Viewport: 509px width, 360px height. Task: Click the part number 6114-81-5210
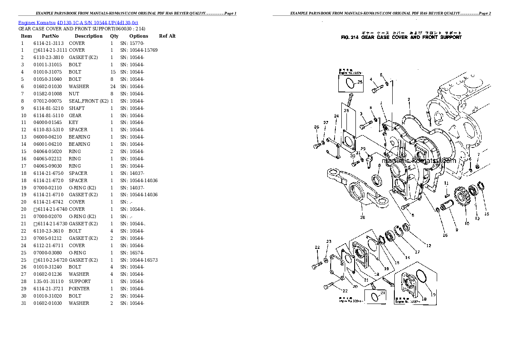tap(48, 108)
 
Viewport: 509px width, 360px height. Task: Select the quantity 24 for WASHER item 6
tap(113, 86)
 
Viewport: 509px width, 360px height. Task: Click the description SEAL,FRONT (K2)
tap(89, 101)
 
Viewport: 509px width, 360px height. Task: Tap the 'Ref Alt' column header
tap(167, 36)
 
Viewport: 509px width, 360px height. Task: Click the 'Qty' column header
tap(114, 36)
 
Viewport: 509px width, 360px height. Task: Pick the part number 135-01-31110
tap(48, 281)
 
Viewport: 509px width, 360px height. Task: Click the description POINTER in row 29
tap(79, 289)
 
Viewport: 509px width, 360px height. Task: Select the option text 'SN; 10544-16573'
tap(139, 260)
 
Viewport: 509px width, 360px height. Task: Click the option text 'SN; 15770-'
tap(132, 43)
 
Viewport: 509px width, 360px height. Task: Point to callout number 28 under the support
tap(363, 217)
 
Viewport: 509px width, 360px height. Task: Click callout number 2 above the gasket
tap(409, 100)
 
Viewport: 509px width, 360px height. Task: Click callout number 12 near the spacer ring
tap(428, 245)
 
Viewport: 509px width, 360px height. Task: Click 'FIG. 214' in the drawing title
tap(349, 37)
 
